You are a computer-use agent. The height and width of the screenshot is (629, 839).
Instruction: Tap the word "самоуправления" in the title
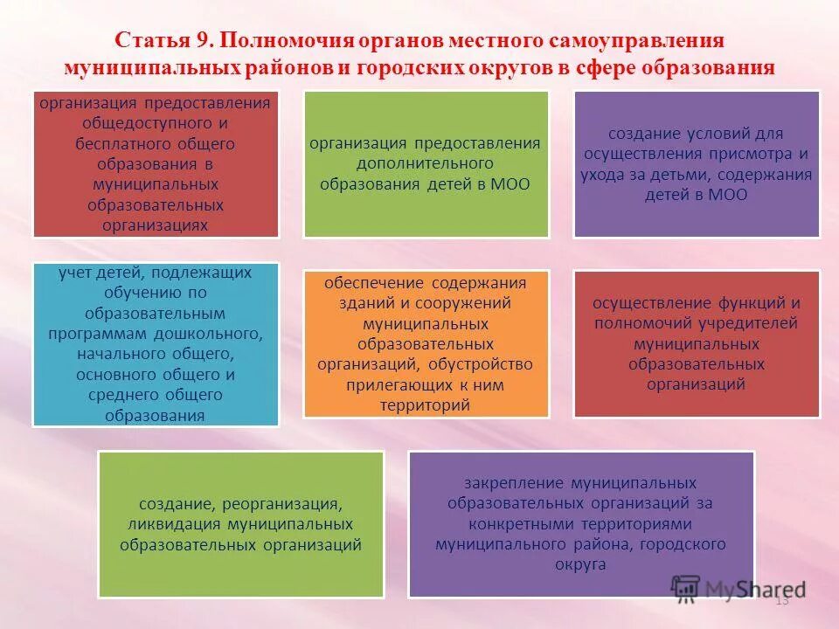pos(651,42)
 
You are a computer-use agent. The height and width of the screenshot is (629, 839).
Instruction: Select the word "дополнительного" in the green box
pos(426,163)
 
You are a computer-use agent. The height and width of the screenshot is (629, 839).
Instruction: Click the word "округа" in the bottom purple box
pos(580,564)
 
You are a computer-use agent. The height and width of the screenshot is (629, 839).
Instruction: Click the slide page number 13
pos(782,600)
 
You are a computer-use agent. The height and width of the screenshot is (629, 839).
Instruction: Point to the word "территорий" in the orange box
pos(426,404)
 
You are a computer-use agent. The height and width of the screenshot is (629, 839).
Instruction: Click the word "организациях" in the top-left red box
pos(156,225)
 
